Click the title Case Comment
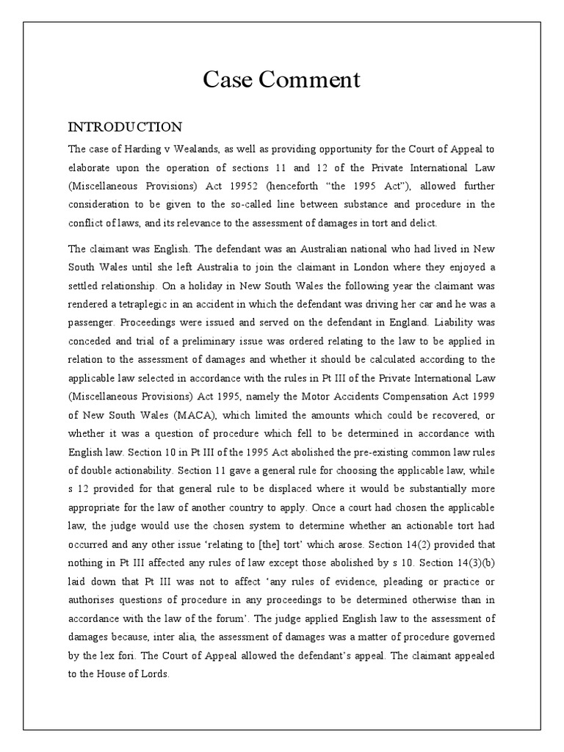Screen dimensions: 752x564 [281, 79]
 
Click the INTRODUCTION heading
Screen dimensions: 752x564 [125, 127]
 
